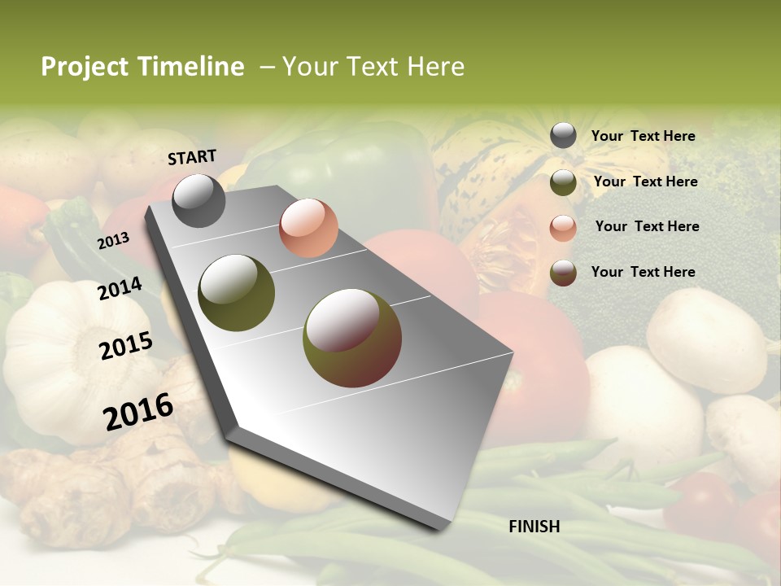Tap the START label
tap(192, 157)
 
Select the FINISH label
tap(534, 527)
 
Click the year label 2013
tap(113, 240)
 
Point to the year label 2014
tap(120, 288)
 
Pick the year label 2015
tap(126, 346)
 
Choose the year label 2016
tap(138, 411)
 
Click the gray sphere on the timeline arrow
tap(199, 201)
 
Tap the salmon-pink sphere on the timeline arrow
tap(308, 228)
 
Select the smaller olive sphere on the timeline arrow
tap(237, 293)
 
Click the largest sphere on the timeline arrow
tap(352, 338)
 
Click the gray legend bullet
tap(563, 136)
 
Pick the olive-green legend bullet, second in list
tap(563, 182)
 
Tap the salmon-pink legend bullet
tap(563, 227)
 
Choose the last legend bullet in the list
tap(563, 273)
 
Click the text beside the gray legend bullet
tap(643, 137)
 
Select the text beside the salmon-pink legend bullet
tap(647, 226)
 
